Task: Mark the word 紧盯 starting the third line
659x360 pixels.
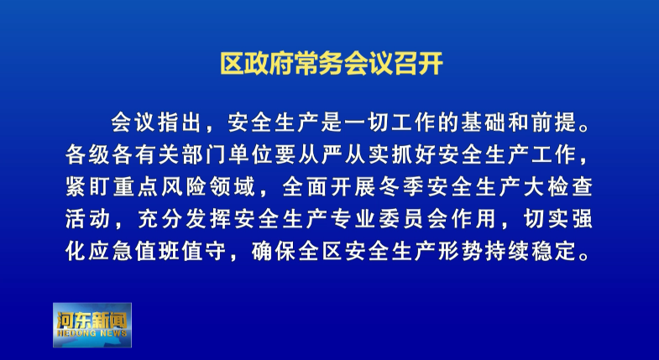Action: click(88, 187)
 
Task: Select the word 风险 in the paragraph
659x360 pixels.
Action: click(185, 187)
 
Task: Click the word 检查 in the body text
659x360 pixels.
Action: click(570, 187)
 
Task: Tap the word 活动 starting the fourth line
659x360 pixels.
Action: click(88, 219)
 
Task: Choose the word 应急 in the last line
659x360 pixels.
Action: click(111, 251)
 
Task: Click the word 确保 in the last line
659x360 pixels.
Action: click(275, 251)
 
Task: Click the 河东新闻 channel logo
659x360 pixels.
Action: click(92, 325)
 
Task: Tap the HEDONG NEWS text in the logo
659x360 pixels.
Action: click(92, 333)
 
